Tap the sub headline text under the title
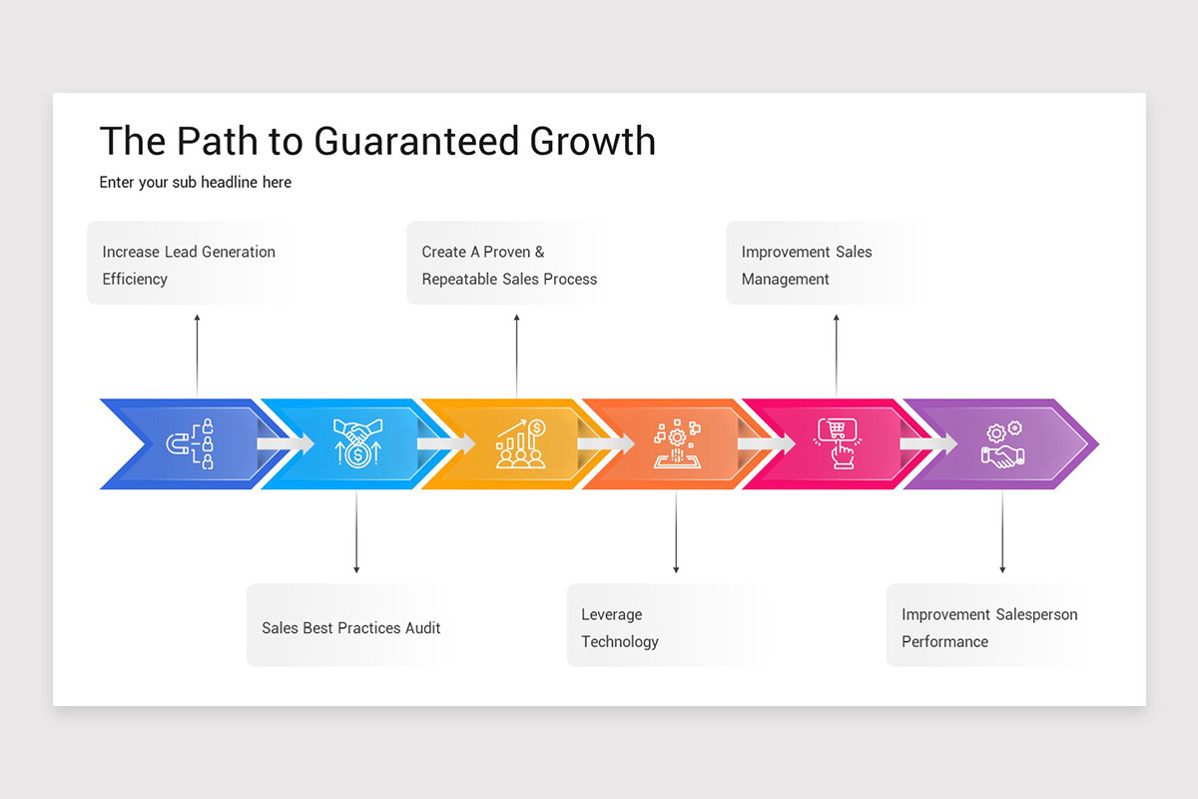195,183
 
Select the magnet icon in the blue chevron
190,443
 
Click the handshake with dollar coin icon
356,442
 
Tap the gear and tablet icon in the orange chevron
677,443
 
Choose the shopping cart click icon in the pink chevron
836,443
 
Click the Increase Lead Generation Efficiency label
188,265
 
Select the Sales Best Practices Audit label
350,628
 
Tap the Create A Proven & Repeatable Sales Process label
509,265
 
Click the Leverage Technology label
619,628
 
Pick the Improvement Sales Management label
806,265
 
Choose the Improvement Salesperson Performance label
988,628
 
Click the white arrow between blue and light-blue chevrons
285,443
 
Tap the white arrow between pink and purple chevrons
927,443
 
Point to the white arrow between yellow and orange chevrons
605,443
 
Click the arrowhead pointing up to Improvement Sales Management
837,319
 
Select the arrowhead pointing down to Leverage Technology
676,569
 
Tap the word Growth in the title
592,142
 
